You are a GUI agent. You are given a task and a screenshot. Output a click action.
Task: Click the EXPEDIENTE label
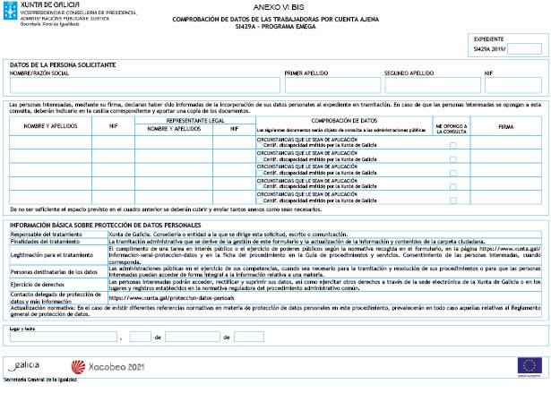point(488,40)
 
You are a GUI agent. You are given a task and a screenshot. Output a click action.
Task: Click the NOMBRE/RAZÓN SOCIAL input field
point(143,85)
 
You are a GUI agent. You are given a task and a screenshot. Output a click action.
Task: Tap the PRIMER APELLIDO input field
point(332,85)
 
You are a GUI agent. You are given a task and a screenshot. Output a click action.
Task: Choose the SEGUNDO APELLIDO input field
point(433,85)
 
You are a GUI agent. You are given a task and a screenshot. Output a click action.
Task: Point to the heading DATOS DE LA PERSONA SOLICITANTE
point(63,65)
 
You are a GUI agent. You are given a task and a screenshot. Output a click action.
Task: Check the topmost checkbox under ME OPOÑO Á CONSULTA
point(453,145)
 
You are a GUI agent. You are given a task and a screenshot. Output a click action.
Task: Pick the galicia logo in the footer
point(25,366)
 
